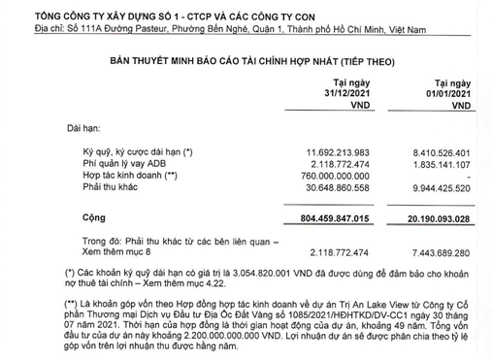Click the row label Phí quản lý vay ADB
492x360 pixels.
114,164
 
